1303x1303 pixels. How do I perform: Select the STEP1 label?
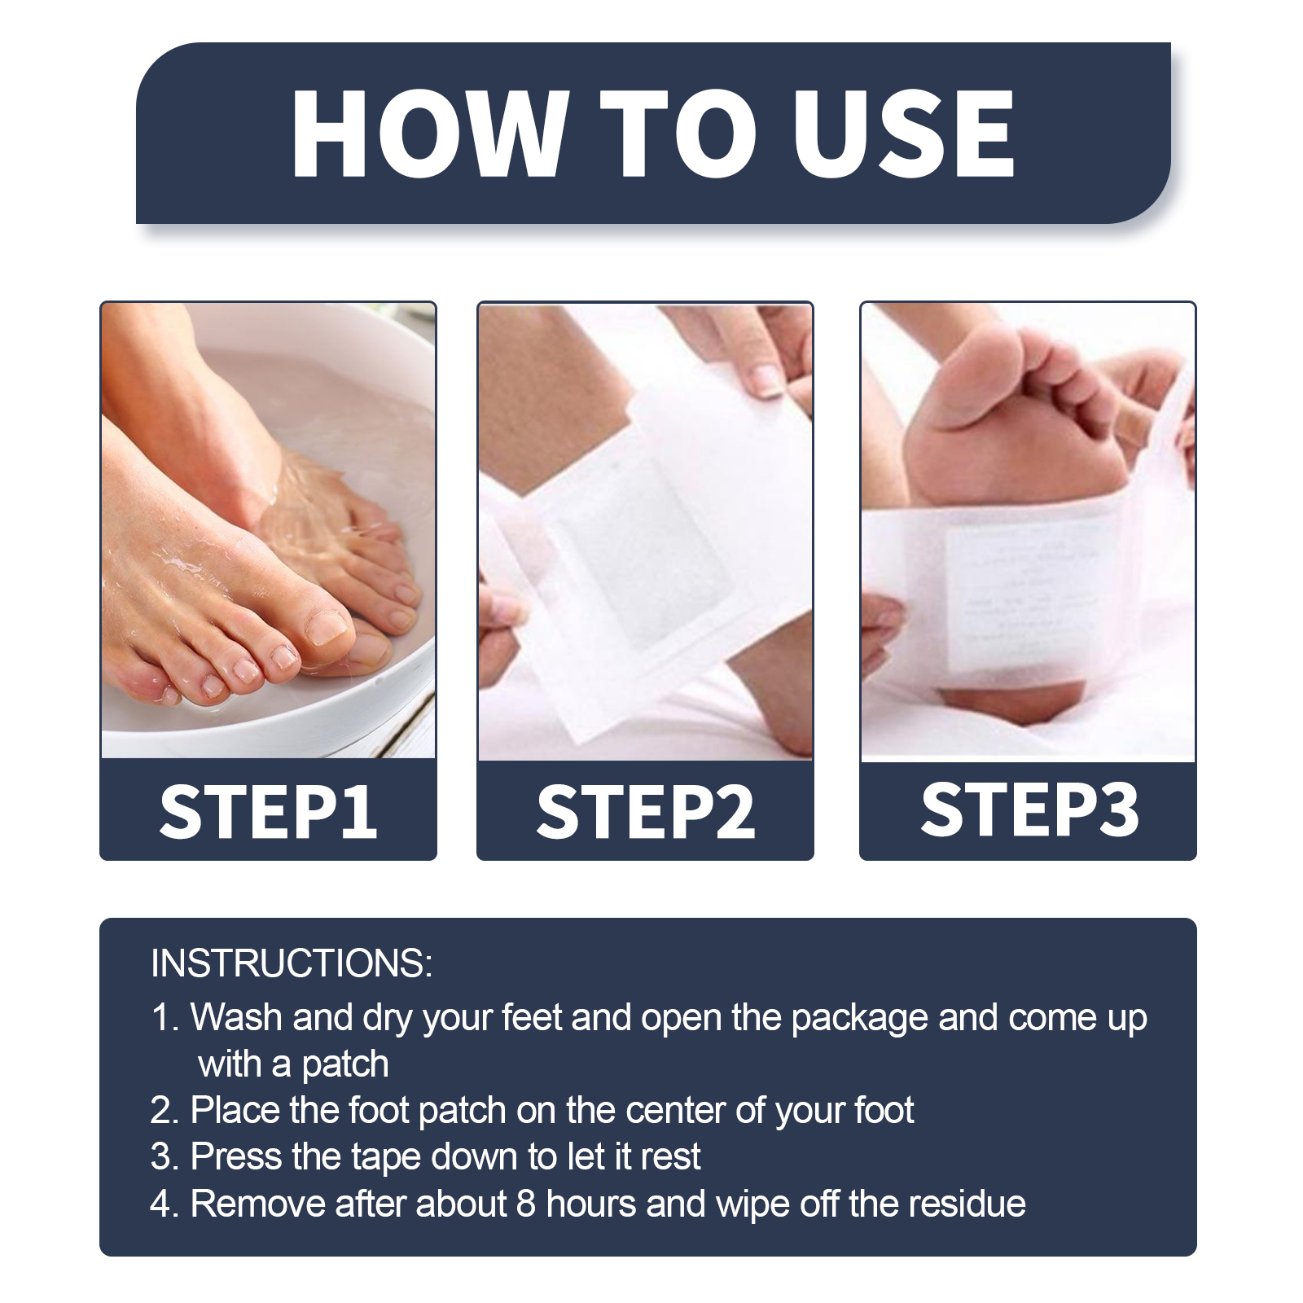pos(269,811)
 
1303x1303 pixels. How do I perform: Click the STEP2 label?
pos(646,811)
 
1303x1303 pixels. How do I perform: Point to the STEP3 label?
pos(1029,809)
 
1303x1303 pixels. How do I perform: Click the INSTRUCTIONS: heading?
pos(292,963)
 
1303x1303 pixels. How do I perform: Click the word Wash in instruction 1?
pos(236,1017)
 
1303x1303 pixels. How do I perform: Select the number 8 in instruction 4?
pos(526,1204)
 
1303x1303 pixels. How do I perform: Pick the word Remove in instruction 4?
pos(257,1204)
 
